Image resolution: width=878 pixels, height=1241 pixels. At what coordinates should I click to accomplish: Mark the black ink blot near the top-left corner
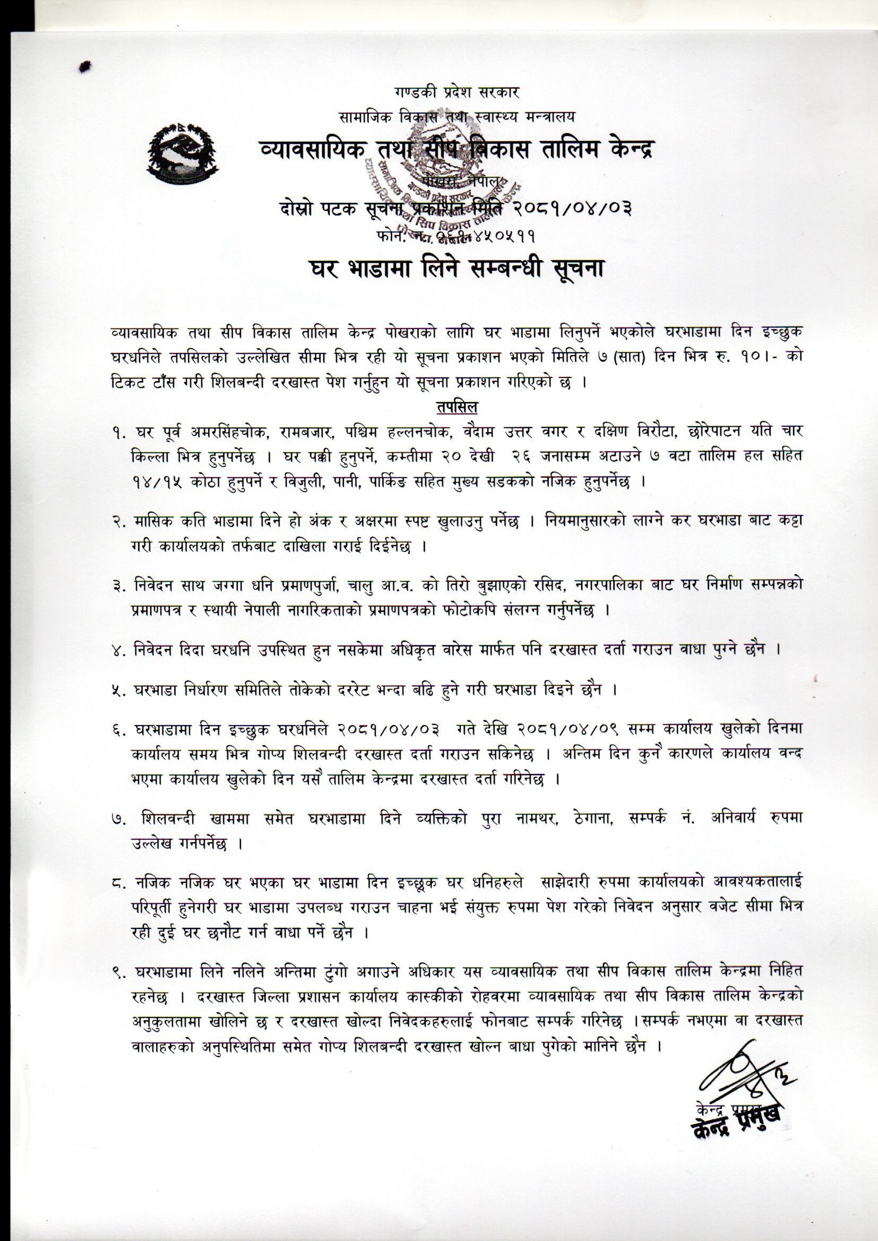pyautogui.click(x=84, y=66)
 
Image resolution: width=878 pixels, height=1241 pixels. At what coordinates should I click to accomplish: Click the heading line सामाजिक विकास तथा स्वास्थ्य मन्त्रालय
pyautogui.click(x=457, y=116)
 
